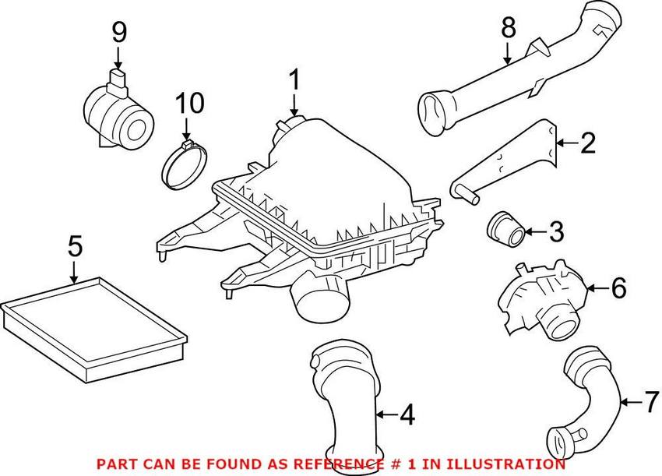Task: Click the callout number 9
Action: [119, 33]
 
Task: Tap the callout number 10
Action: [190, 103]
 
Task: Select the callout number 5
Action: [75, 246]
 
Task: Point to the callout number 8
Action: [509, 28]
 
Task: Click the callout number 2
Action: [588, 143]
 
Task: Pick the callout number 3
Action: [557, 231]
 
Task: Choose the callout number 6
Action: [619, 288]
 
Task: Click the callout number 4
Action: [407, 414]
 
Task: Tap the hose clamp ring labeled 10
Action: [185, 165]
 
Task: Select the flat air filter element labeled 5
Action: [93, 329]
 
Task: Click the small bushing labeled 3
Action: [506, 229]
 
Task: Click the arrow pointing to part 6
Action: [597, 288]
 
